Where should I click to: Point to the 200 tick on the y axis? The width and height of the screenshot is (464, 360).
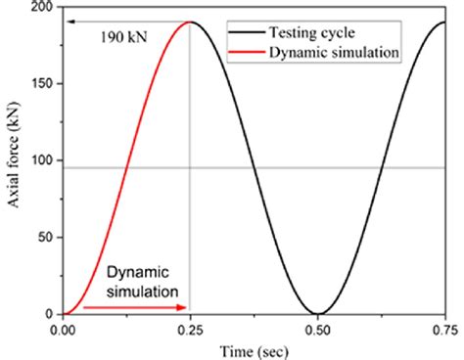click(x=44, y=7)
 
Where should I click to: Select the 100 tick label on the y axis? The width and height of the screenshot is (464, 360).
click(x=44, y=160)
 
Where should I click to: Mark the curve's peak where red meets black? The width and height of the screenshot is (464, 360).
click(x=190, y=22)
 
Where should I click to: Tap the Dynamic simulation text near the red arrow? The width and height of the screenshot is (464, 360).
click(x=143, y=282)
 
